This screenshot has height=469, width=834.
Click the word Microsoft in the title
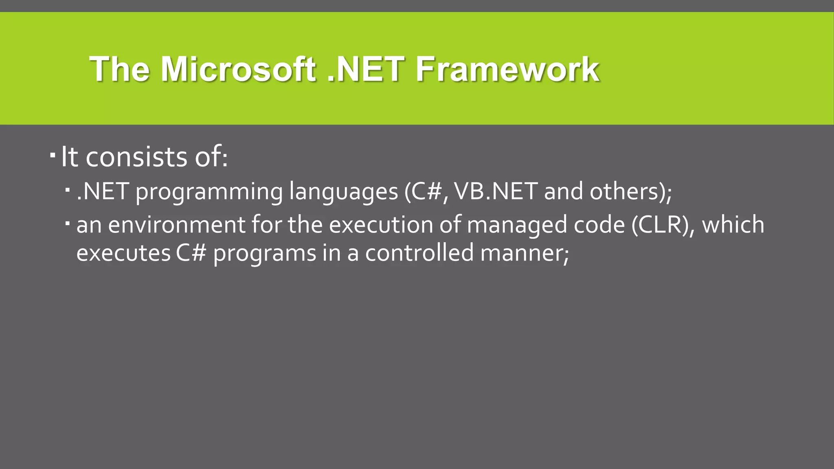coord(238,69)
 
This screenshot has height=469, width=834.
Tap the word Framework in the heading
coord(507,69)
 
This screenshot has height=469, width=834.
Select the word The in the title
coord(119,69)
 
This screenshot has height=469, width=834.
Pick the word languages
coord(343,192)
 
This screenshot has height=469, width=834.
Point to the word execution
coord(381,225)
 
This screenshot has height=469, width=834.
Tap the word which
coord(733,224)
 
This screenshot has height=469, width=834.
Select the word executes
coord(123,253)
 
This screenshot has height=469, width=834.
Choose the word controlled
coord(419,252)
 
